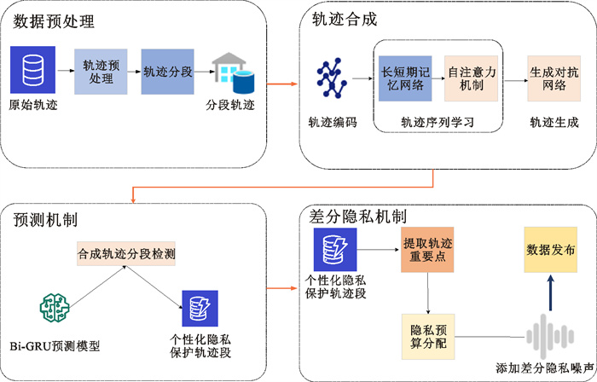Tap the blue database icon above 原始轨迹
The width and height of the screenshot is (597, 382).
pos(32,70)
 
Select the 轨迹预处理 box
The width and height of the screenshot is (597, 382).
pos(101,71)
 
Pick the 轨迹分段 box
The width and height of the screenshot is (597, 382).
pos(167,71)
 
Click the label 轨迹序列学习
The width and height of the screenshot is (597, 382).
pos(437,123)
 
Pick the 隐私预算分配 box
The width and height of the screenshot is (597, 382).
pos(429,335)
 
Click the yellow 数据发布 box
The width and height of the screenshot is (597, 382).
pos(550,251)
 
